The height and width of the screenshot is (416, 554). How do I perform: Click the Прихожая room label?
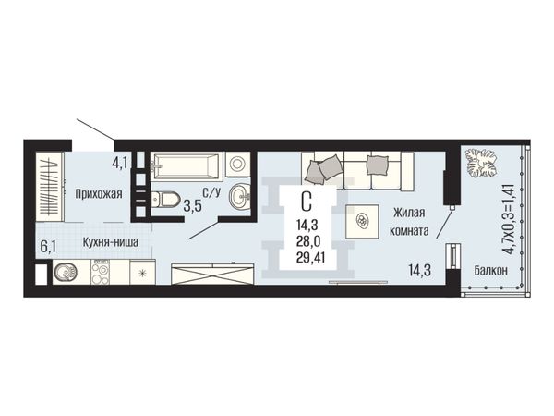coord(99,194)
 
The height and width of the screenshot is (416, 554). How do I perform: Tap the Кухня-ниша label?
coord(111,242)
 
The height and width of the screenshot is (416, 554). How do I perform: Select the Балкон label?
coord(491,271)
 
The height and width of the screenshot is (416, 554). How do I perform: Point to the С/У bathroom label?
coord(211,192)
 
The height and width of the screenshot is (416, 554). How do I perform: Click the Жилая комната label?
coord(409,222)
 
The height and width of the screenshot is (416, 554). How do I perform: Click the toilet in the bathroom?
coord(165,199)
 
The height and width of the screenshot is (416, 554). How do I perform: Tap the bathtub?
coord(187,165)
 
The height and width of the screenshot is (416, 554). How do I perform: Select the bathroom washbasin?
coord(239,195)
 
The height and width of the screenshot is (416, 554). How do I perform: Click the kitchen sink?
coord(66,272)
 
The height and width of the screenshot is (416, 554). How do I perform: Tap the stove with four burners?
coord(100,272)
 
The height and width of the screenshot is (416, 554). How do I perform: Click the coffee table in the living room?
coord(362,222)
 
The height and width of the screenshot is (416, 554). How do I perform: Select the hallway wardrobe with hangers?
coord(50,188)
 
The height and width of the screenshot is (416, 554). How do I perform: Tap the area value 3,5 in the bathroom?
coord(193,206)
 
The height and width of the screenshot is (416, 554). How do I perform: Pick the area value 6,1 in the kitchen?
coord(48,247)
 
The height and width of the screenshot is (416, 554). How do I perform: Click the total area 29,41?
coord(311,258)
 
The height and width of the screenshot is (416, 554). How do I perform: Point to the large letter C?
coord(307,202)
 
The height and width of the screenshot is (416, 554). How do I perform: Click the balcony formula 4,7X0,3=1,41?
coord(509,219)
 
